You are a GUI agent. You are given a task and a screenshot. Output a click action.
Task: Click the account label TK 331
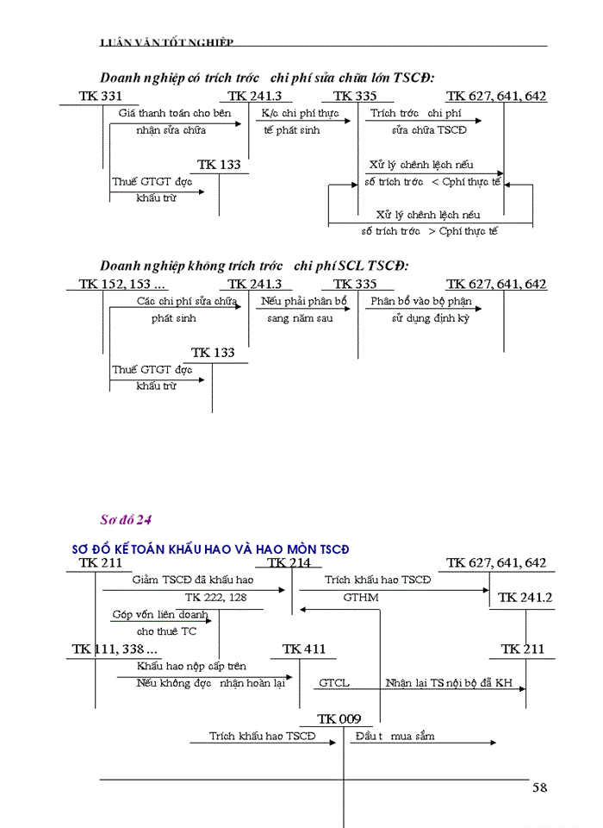(100, 97)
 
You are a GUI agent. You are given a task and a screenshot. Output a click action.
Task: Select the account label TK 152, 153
(122, 285)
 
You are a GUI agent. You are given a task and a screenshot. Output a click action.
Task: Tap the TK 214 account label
(289, 563)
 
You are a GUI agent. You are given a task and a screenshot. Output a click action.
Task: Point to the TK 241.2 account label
(525, 597)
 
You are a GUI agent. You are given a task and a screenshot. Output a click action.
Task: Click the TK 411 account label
(304, 649)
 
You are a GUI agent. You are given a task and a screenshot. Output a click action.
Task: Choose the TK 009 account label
(339, 718)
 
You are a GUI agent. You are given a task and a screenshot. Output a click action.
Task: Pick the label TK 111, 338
(115, 649)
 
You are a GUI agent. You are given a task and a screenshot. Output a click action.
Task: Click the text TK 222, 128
(215, 597)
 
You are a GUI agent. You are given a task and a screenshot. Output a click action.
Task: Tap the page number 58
(539, 787)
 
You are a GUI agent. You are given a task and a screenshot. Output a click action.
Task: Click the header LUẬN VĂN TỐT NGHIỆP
(167, 42)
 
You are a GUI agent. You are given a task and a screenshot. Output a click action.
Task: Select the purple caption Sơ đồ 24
(126, 519)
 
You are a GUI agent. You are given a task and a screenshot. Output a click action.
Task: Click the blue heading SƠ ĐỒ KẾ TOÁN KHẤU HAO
(211, 549)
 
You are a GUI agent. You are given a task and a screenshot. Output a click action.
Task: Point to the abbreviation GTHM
(360, 597)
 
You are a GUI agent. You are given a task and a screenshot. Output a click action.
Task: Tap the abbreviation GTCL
(334, 683)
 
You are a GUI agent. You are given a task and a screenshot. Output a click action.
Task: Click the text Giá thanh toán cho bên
(175, 113)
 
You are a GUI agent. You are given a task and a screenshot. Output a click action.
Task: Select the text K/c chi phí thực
(300, 113)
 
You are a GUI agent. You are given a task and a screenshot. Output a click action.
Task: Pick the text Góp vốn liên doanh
(160, 615)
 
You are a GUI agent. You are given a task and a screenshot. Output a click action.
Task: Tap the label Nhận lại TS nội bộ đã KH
(449, 683)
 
